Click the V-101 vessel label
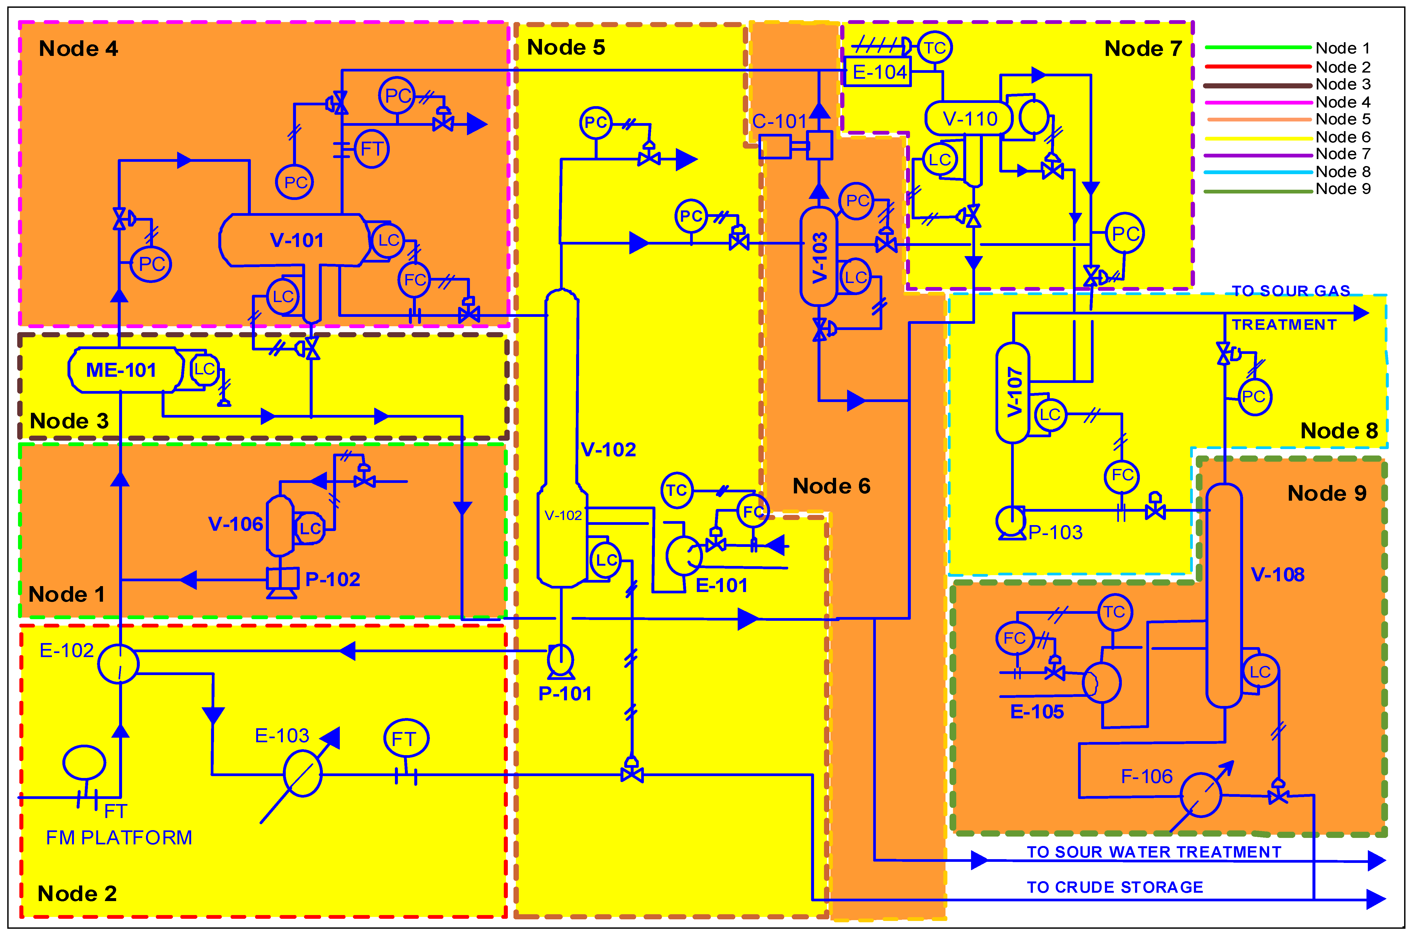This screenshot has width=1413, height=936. point(297,240)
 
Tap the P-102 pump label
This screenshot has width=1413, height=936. point(333,579)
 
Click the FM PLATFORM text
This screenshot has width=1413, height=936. point(119,837)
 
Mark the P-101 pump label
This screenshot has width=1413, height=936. point(564,693)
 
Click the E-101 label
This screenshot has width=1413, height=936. point(722,585)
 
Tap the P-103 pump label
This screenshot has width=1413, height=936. point(1055,532)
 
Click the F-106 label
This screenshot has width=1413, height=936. point(1146,776)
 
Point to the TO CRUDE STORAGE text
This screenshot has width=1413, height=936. point(1114,887)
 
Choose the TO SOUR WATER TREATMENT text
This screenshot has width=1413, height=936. point(1154,852)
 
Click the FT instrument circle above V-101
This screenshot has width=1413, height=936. point(372,149)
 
